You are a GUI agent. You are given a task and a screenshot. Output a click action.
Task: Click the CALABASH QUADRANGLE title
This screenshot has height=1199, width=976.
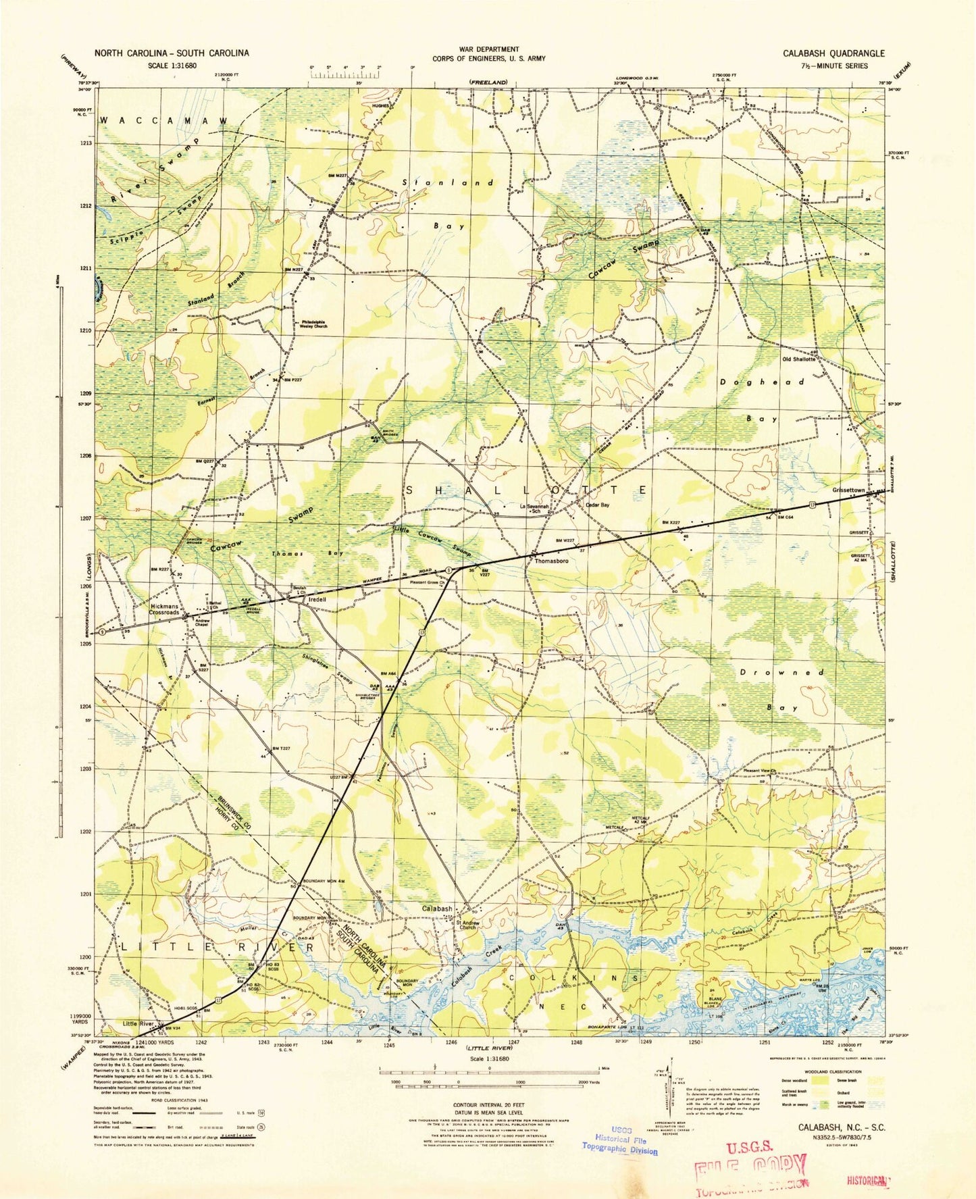(x=833, y=53)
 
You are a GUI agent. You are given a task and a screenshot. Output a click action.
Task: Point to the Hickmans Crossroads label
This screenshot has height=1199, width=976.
(x=164, y=609)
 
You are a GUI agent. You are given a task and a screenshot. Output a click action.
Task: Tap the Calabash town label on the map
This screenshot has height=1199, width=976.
(x=438, y=909)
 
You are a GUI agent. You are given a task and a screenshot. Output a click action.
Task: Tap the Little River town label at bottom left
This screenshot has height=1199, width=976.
(x=139, y=1023)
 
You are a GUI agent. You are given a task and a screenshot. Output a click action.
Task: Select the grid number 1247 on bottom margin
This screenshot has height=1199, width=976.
(x=514, y=1042)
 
